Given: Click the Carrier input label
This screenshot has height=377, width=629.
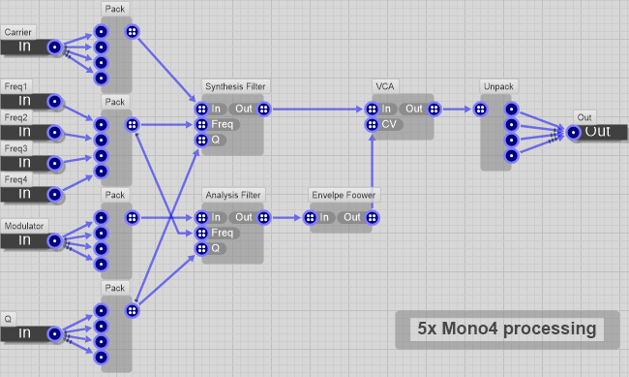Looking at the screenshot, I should pos(16,32).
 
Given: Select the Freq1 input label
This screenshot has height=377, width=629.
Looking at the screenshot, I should pos(15,86).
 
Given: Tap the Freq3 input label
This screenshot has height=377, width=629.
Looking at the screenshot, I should pos(15,148).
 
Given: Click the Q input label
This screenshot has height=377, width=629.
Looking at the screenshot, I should pos(8,319).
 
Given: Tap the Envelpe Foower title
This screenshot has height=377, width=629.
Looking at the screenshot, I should pos(343,196).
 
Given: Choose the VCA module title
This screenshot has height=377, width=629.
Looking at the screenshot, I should pos(384,87).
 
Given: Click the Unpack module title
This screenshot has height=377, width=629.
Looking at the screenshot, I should pos(495,87).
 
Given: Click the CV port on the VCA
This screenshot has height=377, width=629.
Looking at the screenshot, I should pos(372,124).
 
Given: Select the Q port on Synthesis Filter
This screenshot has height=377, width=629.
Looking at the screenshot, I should pos(201,140).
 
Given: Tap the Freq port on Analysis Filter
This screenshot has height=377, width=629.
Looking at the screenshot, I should pos(201,233).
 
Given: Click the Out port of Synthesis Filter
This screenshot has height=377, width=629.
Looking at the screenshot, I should pos(263,109).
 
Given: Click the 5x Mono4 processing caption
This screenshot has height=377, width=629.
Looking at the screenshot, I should pos(506,330).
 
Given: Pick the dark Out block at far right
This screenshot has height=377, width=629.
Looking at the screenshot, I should pos(598,132).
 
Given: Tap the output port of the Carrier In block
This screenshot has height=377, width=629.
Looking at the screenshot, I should pos(55,47).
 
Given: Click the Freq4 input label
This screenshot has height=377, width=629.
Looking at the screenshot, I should pos(15,179).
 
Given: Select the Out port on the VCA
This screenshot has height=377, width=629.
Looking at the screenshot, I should pos(432,109).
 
